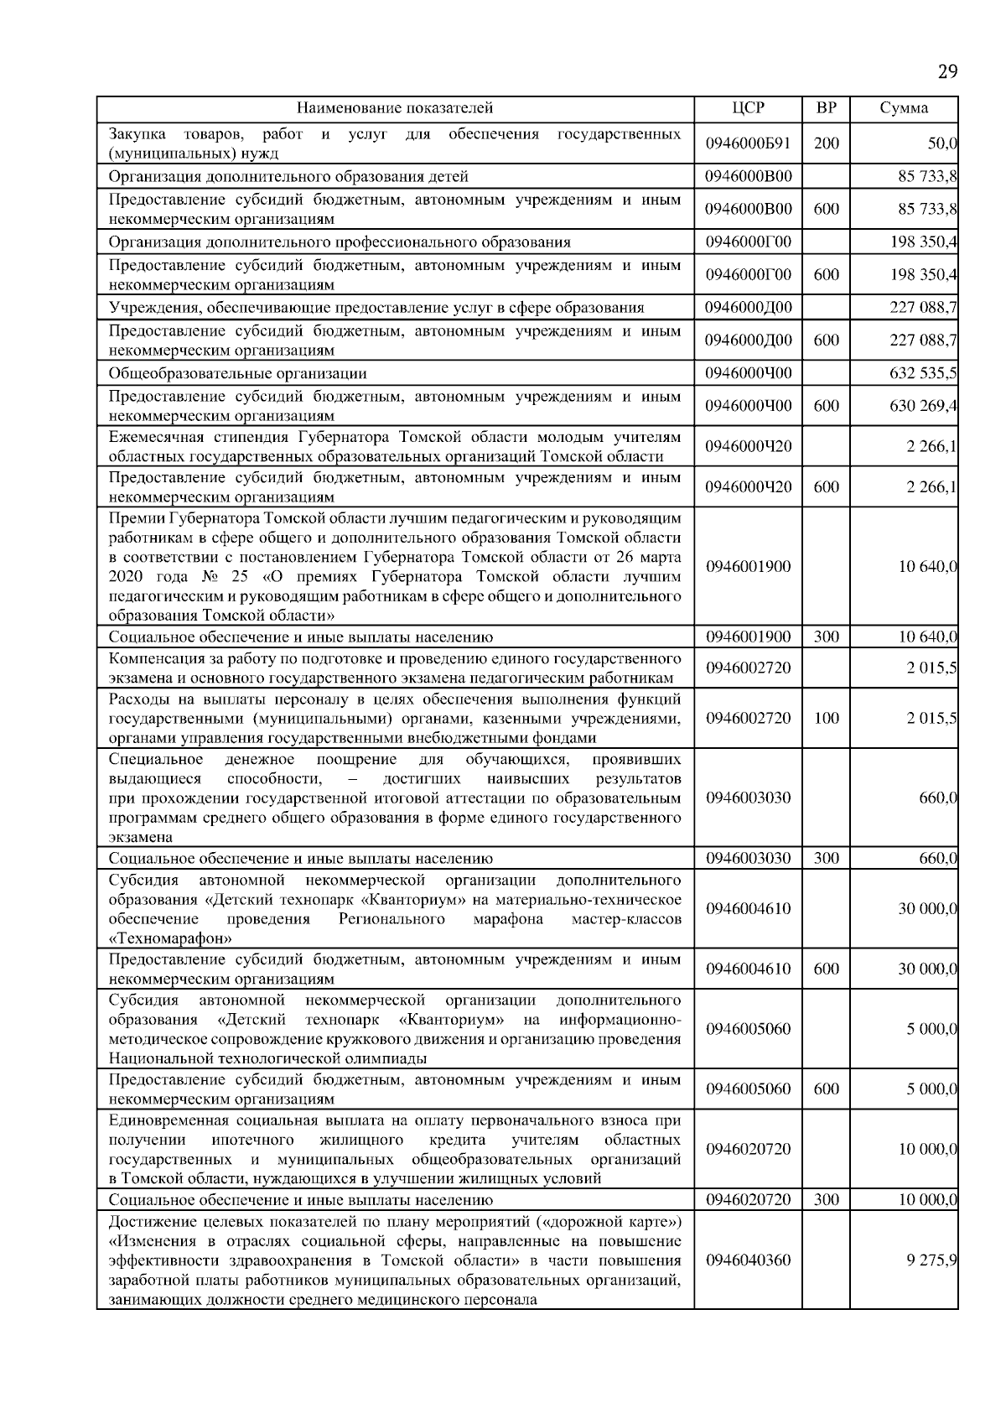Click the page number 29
click(x=947, y=72)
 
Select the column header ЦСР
click(x=748, y=108)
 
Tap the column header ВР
click(x=826, y=108)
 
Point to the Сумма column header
click(x=904, y=108)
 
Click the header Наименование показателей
click(x=395, y=108)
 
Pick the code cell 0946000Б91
click(x=748, y=143)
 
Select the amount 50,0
click(x=941, y=143)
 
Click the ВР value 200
click(x=826, y=143)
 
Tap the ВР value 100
click(x=826, y=719)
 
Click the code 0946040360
click(x=748, y=1260)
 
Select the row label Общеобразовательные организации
click(x=238, y=373)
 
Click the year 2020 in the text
click(x=126, y=577)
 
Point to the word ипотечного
click(x=252, y=1140)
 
